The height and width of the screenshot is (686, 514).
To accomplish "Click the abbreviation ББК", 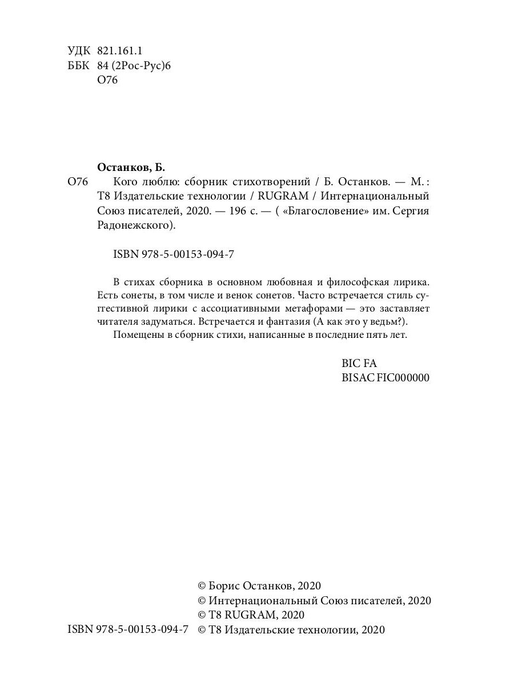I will [x=78, y=66].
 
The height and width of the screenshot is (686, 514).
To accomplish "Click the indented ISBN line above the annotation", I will [x=166, y=255].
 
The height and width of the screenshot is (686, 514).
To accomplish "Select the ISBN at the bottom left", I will [x=128, y=629].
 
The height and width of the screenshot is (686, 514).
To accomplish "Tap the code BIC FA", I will [x=359, y=363].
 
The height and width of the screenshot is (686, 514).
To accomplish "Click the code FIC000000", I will [x=403, y=378].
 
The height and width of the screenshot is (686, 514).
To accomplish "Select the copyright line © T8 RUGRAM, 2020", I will [x=251, y=615].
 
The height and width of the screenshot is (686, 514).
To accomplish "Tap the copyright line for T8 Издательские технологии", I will [x=291, y=629].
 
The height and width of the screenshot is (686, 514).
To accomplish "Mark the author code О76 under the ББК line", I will [x=107, y=81].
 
